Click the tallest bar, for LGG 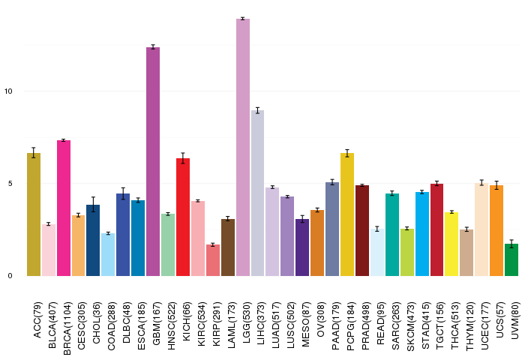point(243,147)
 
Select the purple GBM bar point(153,162)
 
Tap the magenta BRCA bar point(64,208)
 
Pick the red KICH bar point(183,217)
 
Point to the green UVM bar point(511,259)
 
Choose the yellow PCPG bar point(347,214)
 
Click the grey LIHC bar point(257,193)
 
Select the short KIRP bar point(213,260)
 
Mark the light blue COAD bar point(108,254)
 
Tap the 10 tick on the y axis point(8,91)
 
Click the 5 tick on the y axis point(10,184)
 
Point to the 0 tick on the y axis point(10,276)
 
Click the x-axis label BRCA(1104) point(67,328)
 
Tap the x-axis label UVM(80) point(515,320)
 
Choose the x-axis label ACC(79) point(37,320)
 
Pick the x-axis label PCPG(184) point(351,326)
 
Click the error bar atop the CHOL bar point(94,204)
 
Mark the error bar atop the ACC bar point(34,153)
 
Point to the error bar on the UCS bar point(496,185)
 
